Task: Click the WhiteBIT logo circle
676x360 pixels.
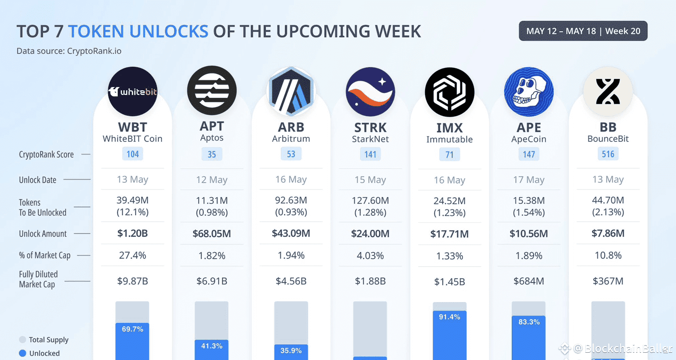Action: [132, 92]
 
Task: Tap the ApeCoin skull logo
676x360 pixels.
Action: [529, 92]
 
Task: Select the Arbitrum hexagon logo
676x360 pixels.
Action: [291, 92]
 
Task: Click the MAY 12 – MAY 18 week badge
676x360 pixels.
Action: [583, 31]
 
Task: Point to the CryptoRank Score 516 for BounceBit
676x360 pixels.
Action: [608, 154]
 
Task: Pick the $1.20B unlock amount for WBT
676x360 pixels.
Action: [132, 234]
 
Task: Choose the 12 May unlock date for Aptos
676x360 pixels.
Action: [211, 180]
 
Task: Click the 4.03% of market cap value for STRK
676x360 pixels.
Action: [370, 255]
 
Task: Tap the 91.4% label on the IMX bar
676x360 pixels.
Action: [449, 316]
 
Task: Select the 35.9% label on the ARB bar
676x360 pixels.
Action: [291, 350]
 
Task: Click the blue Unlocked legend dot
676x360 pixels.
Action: [22, 353]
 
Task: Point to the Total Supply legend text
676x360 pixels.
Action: [49, 340]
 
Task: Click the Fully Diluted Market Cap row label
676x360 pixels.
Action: [39, 279]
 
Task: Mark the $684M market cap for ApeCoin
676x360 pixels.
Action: [529, 281]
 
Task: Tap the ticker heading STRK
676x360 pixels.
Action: [370, 127]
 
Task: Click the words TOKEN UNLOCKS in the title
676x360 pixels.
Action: [138, 31]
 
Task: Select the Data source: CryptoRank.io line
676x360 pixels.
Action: [69, 51]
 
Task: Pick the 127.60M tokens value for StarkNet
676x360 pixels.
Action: [370, 200]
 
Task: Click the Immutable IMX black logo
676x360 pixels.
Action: [449, 92]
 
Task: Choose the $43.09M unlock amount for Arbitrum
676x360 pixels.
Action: [291, 234]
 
